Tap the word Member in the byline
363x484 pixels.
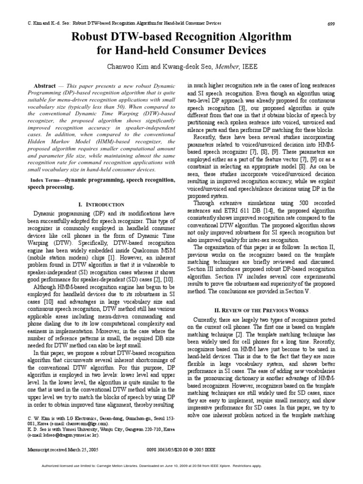tap(228, 67)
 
